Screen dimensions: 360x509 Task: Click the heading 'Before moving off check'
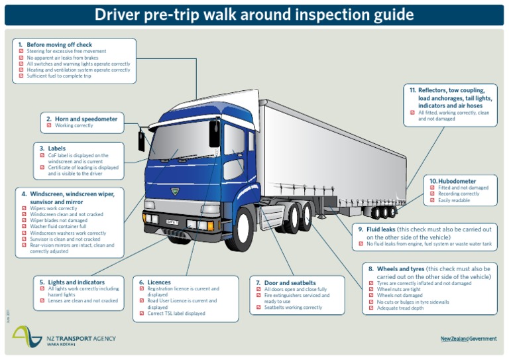click(59, 44)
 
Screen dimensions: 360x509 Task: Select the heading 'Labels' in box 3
click(57, 149)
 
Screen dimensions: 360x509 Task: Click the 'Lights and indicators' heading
click(76, 282)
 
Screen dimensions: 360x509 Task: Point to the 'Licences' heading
click(159, 282)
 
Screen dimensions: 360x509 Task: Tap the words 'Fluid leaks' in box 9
click(380, 229)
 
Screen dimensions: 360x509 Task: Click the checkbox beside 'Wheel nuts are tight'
click(371, 290)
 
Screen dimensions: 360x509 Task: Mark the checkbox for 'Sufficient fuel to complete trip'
click(21, 76)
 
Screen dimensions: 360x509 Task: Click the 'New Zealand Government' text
click(468, 339)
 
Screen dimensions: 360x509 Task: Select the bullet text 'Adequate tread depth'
click(400, 308)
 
